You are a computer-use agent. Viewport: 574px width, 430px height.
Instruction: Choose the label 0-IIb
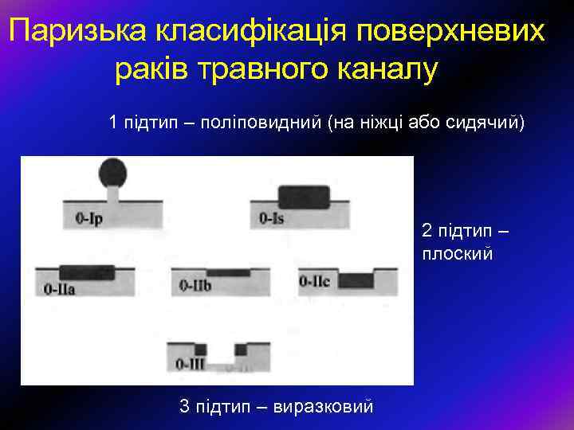tap(195, 285)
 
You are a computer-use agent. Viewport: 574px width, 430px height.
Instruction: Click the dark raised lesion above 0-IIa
tap(86, 271)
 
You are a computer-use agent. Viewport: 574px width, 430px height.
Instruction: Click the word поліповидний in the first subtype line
tap(261, 123)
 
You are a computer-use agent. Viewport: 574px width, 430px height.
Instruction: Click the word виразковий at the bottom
tap(323, 407)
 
